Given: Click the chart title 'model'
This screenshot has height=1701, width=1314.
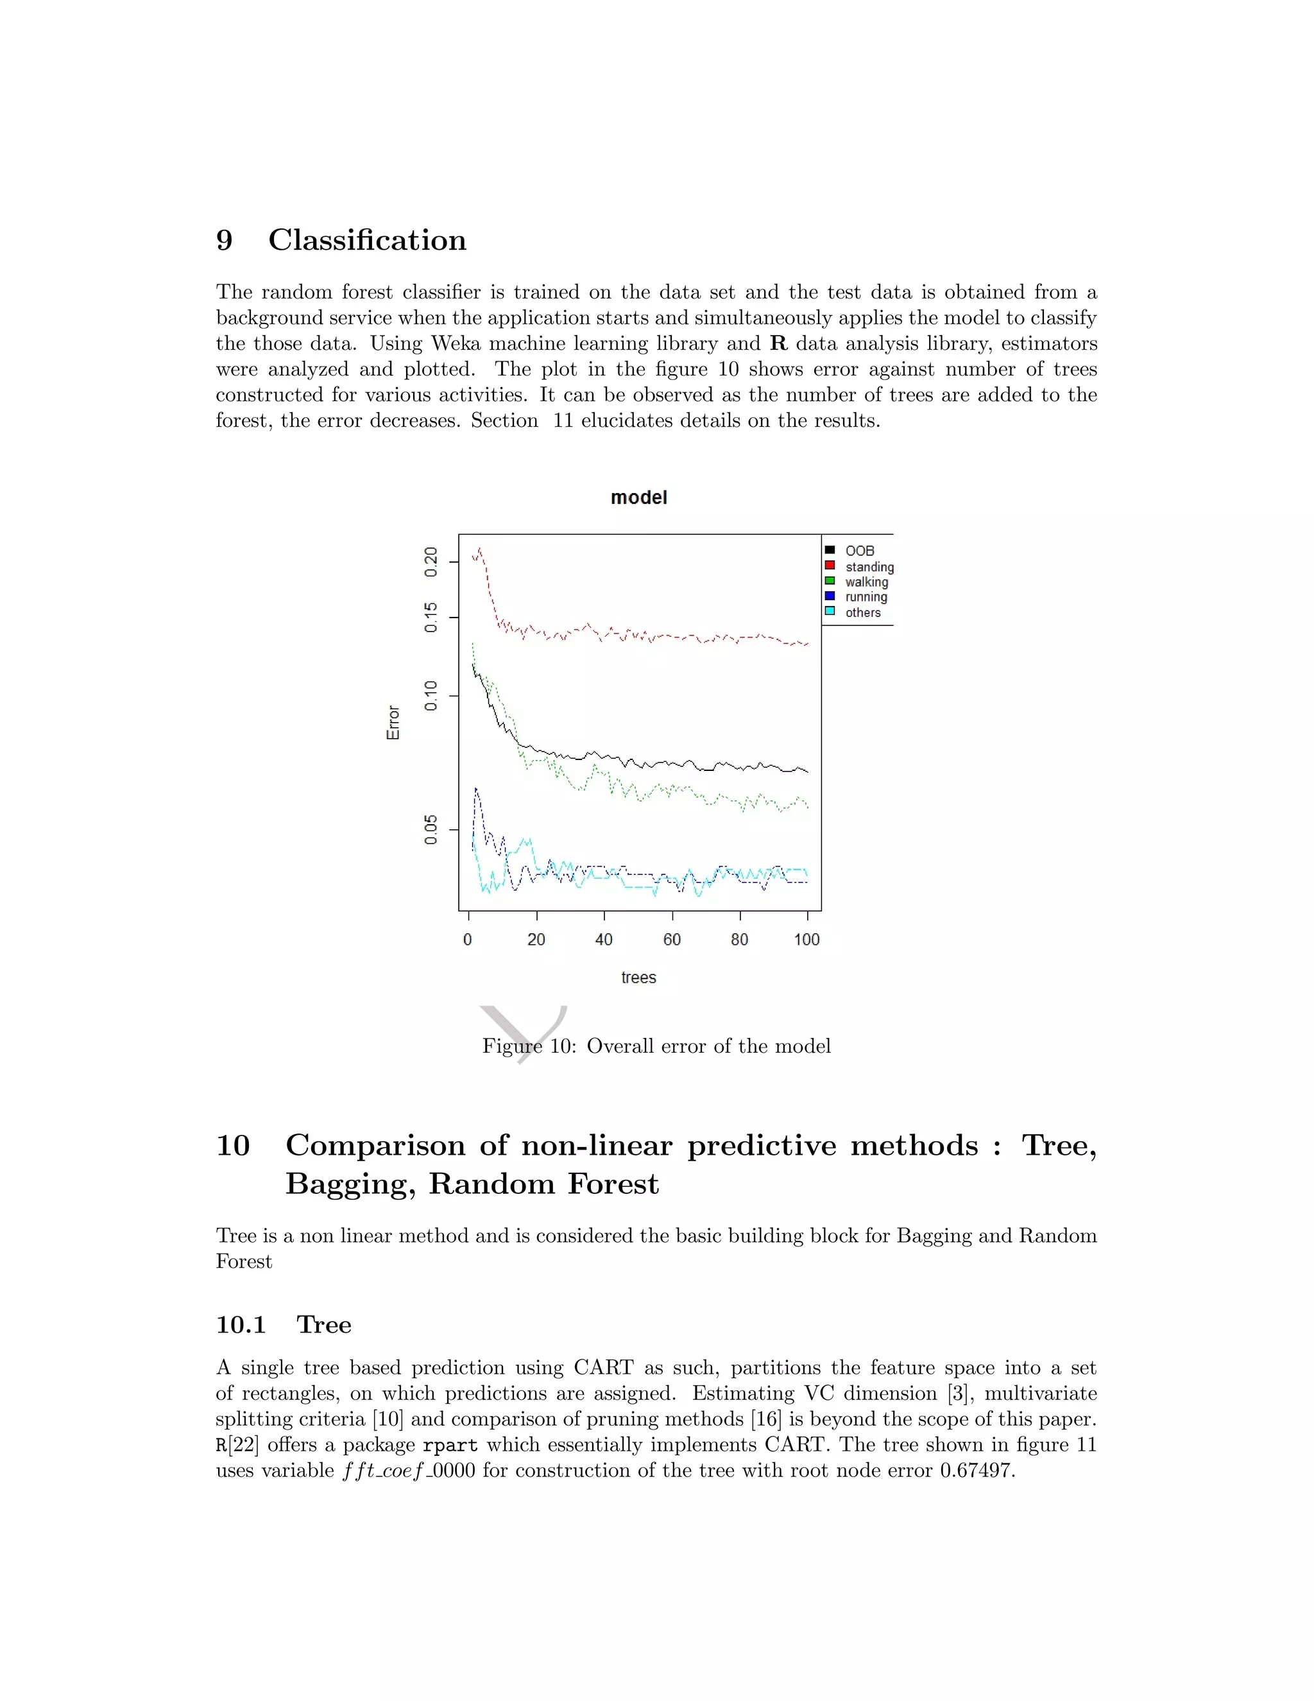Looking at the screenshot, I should [x=638, y=497].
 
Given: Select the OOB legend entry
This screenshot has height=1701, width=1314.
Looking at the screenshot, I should [x=859, y=551].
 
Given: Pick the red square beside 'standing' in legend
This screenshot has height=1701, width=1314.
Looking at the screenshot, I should [x=830, y=566].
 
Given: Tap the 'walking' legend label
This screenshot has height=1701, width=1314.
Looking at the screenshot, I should [x=866, y=582].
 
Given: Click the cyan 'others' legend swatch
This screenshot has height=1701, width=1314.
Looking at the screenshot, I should [x=830, y=611].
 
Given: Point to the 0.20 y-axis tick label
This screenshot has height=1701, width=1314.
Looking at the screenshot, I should [x=431, y=562].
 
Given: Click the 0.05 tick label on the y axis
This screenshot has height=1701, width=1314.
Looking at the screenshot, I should [x=431, y=830].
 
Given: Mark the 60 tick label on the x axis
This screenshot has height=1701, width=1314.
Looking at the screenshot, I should [x=672, y=939].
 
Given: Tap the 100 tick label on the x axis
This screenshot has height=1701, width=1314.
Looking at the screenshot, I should [x=806, y=939].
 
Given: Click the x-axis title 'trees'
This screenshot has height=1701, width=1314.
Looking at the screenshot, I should [x=638, y=978].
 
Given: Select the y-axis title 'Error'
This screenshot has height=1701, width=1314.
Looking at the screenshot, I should [x=393, y=722].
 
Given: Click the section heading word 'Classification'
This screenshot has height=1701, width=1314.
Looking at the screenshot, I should [x=368, y=240].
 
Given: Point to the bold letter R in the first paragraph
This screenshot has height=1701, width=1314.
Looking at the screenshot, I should [x=778, y=343].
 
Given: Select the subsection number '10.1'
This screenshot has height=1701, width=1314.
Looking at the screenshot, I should [x=241, y=1325].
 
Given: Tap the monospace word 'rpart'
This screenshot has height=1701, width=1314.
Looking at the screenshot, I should [x=450, y=1446].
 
